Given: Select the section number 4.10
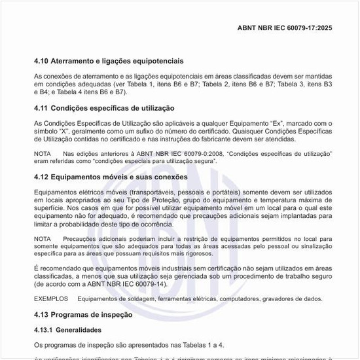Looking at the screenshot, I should click(x=42, y=61).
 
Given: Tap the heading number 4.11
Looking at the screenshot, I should click(x=42, y=108).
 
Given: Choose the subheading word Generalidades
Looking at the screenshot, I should click(x=78, y=330).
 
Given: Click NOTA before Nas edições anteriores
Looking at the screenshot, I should click(x=42, y=153).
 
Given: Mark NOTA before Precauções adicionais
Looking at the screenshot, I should click(x=42, y=239).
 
